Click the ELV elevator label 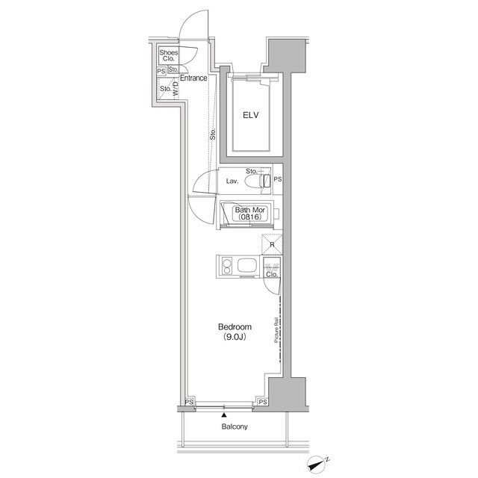pos(251,115)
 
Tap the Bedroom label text pos(235,327)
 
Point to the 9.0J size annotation pos(235,337)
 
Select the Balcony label pos(235,426)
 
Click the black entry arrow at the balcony pos(224,415)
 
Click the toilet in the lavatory pos(258,181)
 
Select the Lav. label pos(232,181)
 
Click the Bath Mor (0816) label pos(250,214)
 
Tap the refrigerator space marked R pos(272,244)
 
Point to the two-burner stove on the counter pos(227,266)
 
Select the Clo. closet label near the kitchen pos(272,274)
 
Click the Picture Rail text pos(277,330)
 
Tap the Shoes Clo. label pos(169,55)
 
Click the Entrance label pos(193,78)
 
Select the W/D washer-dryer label pos(176,88)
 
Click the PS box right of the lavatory pos(278,179)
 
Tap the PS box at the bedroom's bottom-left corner pos(189,402)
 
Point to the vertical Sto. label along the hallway pos(212,134)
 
